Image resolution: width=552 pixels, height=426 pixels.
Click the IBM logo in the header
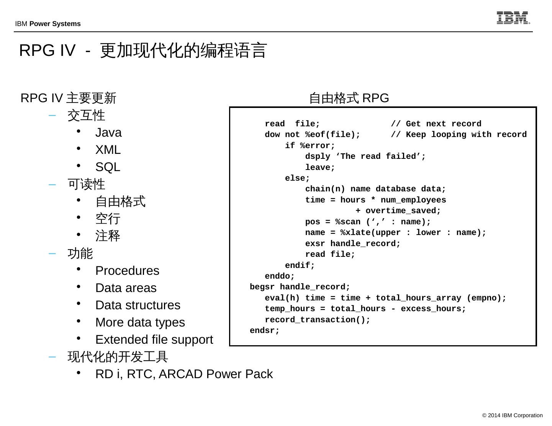pyautogui.click(x=513, y=18)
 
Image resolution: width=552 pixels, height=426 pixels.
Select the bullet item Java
pyautogui.click(x=108, y=133)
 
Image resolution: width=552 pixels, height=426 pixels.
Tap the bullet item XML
pyautogui.click(x=108, y=150)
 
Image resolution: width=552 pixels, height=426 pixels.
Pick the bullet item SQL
pyautogui.click(x=108, y=167)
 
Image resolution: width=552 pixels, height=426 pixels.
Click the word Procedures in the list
pyautogui.click(x=127, y=271)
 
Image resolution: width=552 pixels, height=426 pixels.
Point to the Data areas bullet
pyautogui.click(x=126, y=288)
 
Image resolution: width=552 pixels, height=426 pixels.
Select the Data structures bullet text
pyautogui.click(x=138, y=305)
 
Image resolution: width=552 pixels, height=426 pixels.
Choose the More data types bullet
pyautogui.click(x=140, y=323)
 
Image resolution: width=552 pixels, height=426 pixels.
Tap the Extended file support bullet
pyautogui.click(x=154, y=340)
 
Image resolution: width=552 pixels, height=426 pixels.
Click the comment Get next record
pyautogui.click(x=443, y=124)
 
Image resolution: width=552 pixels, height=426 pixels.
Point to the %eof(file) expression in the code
pyautogui.click(x=333, y=135)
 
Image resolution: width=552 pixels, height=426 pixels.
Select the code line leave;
pyautogui.click(x=320, y=168)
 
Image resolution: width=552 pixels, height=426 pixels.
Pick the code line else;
pyautogui.click(x=297, y=178)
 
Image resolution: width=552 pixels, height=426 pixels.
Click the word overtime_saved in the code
pyautogui.click(x=403, y=211)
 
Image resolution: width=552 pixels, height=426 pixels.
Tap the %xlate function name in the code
pyautogui.click(x=355, y=233)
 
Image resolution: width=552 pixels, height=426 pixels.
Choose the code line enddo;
pyautogui.click(x=280, y=276)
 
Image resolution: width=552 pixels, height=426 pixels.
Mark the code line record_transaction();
pyautogui.click(x=318, y=320)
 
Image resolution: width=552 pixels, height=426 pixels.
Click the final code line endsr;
pyautogui.click(x=265, y=331)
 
